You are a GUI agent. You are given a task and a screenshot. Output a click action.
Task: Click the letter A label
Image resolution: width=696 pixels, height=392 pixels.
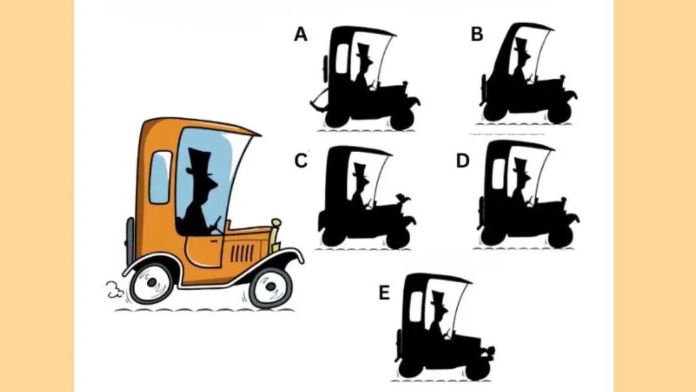[x=301, y=34]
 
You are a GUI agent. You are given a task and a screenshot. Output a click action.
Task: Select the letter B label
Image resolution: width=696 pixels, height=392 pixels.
[x=477, y=34]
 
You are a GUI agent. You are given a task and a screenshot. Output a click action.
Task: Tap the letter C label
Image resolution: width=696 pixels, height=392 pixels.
[x=301, y=161]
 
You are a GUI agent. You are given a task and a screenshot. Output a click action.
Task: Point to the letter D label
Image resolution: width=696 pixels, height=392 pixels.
[x=463, y=161]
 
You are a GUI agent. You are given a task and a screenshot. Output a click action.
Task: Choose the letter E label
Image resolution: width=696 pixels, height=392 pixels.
[x=385, y=293]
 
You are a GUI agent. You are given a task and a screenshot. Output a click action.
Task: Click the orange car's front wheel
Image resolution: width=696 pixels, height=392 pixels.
[x=271, y=286]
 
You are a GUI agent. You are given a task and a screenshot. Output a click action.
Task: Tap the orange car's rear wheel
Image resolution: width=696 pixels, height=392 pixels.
[x=151, y=283]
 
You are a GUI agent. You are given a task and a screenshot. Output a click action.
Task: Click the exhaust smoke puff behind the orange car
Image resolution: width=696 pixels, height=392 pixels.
[x=114, y=290]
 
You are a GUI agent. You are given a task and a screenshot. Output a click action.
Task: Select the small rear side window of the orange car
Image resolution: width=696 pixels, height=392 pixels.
[x=160, y=178]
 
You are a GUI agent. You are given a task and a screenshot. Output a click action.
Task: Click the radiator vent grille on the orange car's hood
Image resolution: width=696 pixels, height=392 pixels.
[x=242, y=253]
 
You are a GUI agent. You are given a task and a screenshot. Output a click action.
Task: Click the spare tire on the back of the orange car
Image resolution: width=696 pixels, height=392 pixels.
[x=130, y=242]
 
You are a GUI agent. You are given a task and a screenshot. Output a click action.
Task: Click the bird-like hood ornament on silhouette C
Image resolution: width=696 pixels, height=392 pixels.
[x=403, y=198]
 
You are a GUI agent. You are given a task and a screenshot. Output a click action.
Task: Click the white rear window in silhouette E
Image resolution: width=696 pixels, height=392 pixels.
[x=416, y=307]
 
